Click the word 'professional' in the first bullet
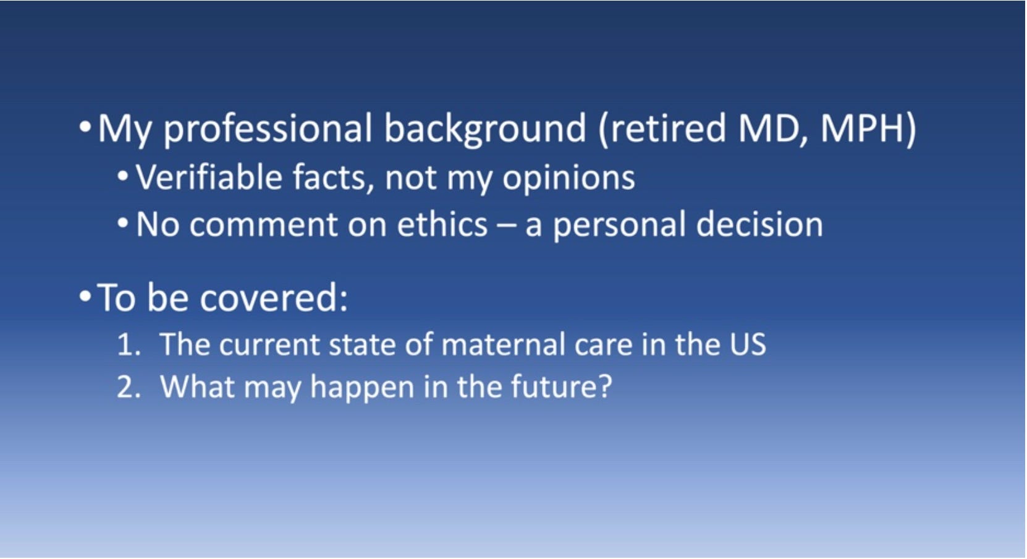[268, 129]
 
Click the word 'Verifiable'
[209, 177]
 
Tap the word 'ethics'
[442, 224]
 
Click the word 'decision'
[759, 224]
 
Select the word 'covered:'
[274, 297]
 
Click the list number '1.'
[129, 344]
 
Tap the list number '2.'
[129, 386]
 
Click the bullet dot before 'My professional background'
[85, 127]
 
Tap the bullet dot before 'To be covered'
[85, 296]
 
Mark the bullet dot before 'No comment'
[123, 223]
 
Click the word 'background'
[484, 129]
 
